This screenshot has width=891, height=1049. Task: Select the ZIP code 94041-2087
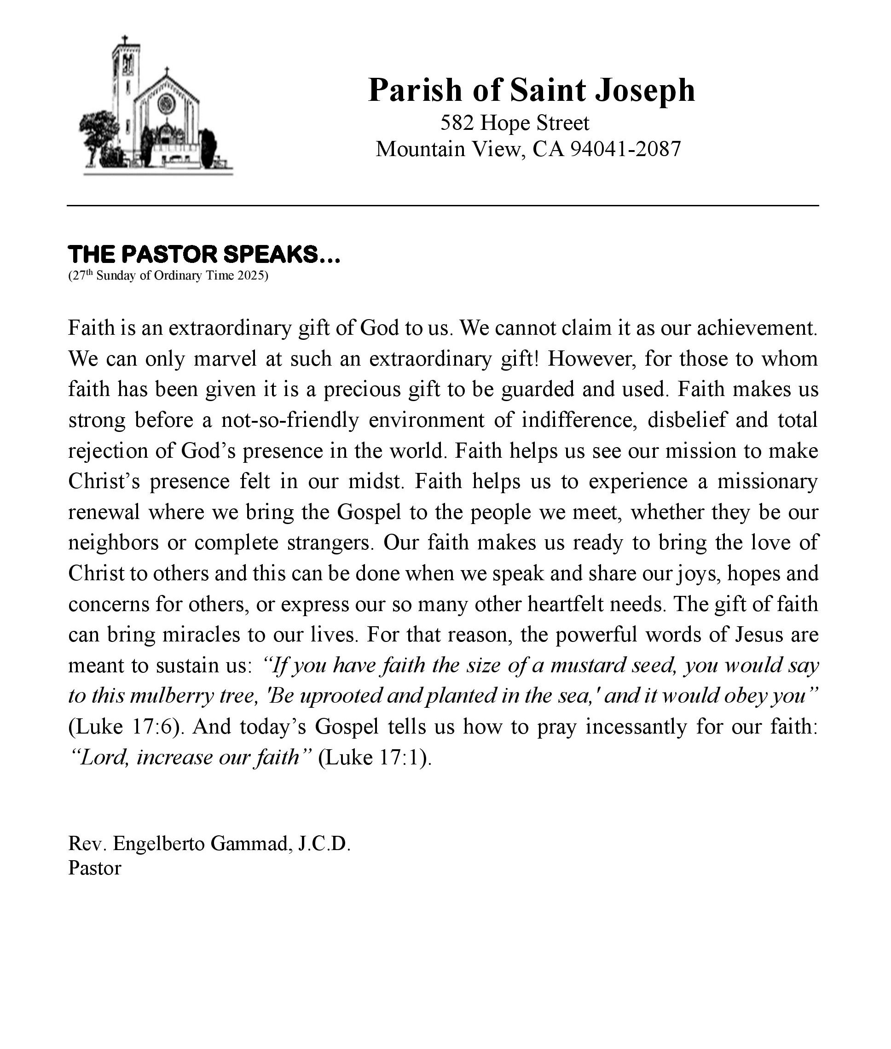[626, 149]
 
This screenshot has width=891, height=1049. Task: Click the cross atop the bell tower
[125, 40]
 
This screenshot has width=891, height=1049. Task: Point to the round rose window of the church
[166, 104]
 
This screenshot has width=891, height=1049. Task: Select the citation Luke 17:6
[125, 727]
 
